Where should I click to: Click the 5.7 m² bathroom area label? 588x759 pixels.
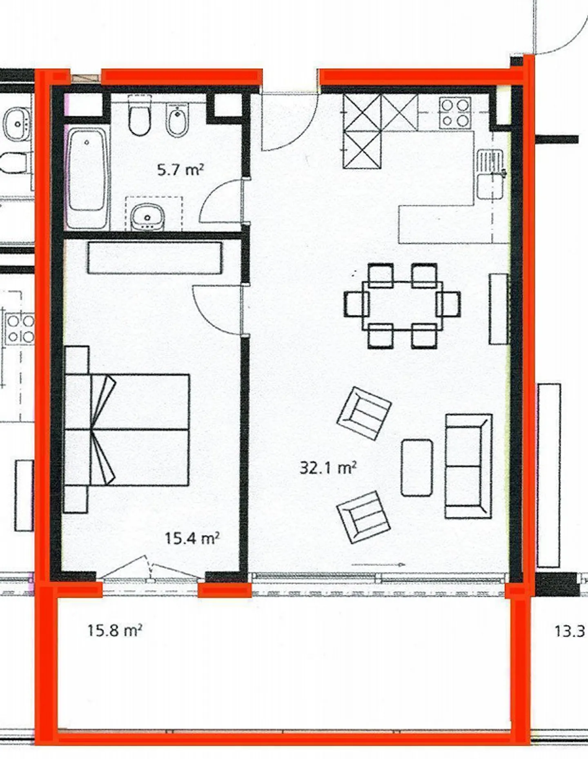(x=180, y=169)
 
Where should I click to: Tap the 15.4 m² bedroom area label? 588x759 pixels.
(x=192, y=538)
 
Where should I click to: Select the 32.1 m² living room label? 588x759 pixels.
(x=328, y=467)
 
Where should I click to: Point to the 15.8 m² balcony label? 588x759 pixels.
(x=114, y=630)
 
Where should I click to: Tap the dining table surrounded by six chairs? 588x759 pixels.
(x=402, y=306)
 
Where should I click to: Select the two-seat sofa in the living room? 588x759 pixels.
(x=468, y=466)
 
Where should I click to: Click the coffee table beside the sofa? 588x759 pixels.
(x=416, y=468)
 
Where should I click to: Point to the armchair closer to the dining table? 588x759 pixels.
(x=364, y=413)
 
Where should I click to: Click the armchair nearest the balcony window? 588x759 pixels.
(x=363, y=517)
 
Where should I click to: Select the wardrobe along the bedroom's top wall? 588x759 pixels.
(x=155, y=258)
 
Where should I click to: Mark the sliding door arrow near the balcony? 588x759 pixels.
(x=378, y=565)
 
